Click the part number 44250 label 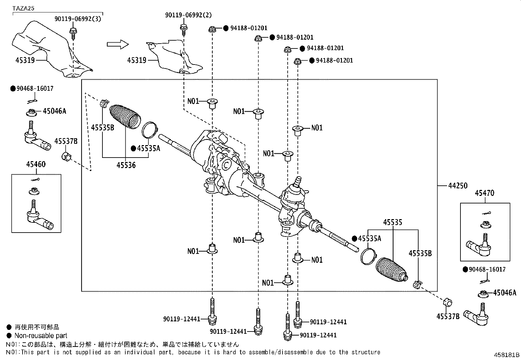[458, 186]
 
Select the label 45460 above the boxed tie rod [36, 164]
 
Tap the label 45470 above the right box [484, 193]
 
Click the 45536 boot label [126, 165]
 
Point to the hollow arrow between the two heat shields [117, 44]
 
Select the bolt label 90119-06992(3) [78, 19]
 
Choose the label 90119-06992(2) [188, 15]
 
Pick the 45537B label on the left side [66, 141]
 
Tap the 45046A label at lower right [504, 293]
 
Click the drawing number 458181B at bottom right [507, 355]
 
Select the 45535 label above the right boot [392, 223]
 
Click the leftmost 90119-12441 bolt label [182, 319]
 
